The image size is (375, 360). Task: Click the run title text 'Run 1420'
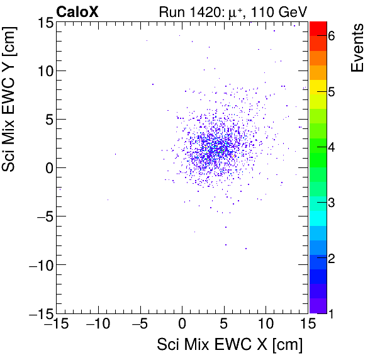point(197,11)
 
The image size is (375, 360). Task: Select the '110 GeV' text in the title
point(276,11)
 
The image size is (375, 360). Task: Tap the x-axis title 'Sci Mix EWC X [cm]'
point(230,346)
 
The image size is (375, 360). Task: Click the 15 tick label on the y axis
point(43,22)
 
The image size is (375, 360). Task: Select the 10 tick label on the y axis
point(43,70)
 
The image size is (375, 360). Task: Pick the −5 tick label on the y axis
point(40,216)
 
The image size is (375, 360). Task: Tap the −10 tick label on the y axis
point(37,264)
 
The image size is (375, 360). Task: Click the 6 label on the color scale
point(331,37)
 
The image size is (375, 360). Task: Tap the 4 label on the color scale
point(331,147)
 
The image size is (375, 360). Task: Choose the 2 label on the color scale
point(331,258)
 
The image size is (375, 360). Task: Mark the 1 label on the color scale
point(331,313)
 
